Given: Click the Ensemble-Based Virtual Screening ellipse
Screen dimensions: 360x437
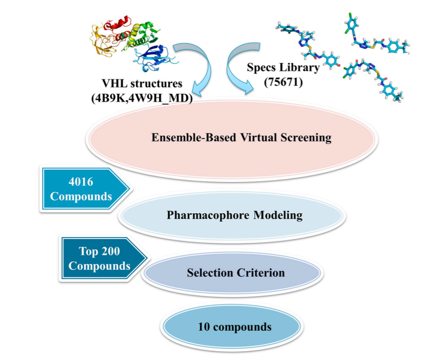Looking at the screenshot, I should point(231,138).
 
